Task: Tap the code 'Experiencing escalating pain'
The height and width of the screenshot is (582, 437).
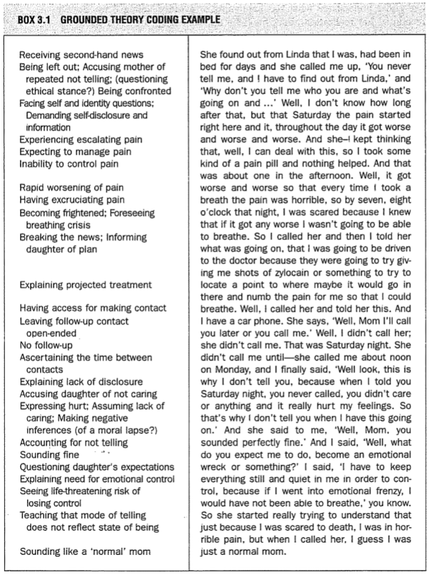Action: coord(80,140)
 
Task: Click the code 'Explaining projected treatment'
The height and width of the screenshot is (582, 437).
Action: coord(85,285)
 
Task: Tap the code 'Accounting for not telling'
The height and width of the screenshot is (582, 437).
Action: coord(74,443)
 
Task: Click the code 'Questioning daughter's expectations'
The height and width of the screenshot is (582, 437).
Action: coord(96,467)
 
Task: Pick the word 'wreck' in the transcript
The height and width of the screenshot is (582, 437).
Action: coord(214,455)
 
